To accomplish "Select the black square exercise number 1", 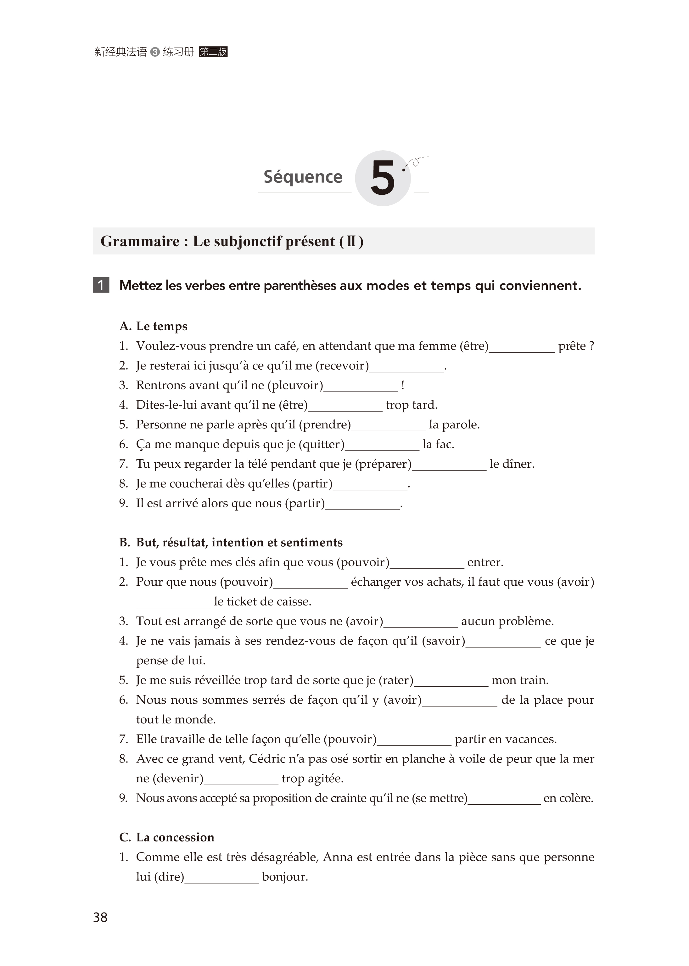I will tap(101, 285).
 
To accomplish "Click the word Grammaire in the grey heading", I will tap(140, 241).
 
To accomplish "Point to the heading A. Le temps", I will tap(153, 326).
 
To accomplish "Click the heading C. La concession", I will tap(167, 837).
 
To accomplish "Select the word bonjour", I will tap(285, 877).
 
